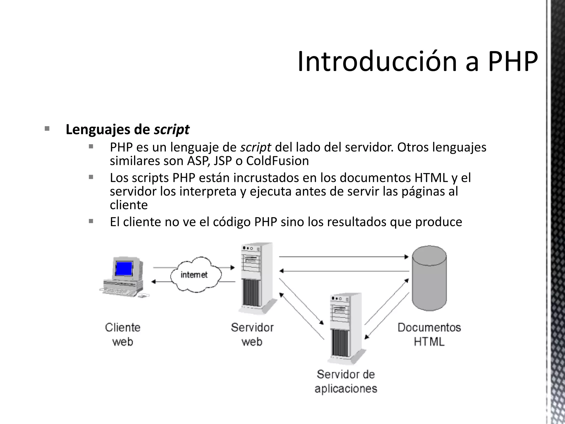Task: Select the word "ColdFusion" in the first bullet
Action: point(277,161)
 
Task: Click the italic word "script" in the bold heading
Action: point(172,130)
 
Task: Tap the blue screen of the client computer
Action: point(124,268)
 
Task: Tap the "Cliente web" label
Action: point(123,335)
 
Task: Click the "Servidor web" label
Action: point(252,335)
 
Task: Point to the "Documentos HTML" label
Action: point(429,335)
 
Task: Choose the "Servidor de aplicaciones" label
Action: point(346,381)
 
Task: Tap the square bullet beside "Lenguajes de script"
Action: point(47,129)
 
